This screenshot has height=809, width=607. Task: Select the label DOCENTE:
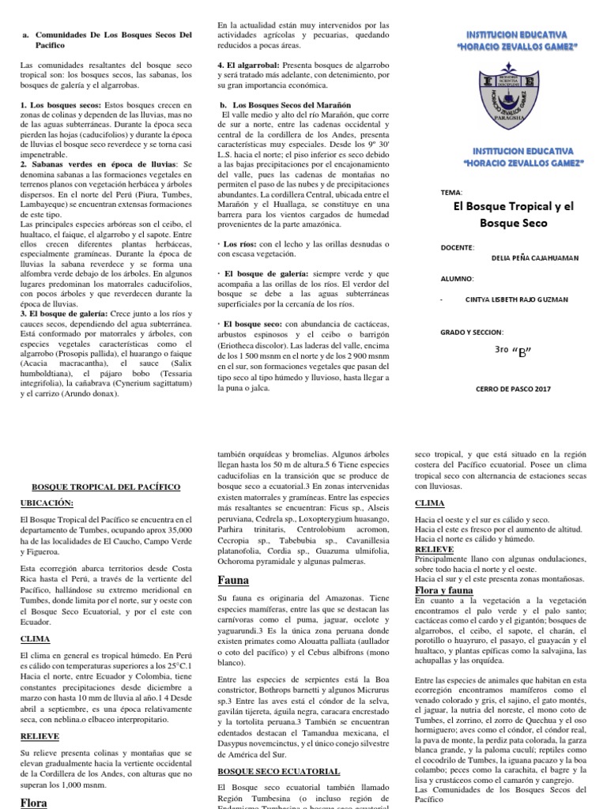[458, 247]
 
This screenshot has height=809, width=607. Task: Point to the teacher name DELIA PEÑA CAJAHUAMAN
[525, 258]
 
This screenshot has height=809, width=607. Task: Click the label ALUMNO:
[457, 279]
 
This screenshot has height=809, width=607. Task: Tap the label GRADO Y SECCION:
[471, 332]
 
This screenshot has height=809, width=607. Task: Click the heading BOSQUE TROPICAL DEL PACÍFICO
[105, 487]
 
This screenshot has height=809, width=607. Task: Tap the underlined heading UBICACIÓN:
[46, 502]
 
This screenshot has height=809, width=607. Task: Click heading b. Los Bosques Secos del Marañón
[281, 104]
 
